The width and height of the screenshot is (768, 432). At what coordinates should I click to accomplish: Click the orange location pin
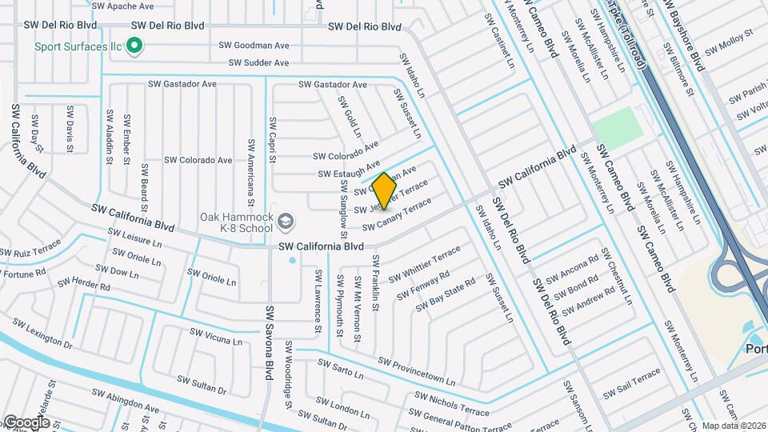point(384,190)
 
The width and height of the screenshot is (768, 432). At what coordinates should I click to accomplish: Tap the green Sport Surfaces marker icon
point(135,46)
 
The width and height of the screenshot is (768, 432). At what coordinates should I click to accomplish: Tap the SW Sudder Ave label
point(258,62)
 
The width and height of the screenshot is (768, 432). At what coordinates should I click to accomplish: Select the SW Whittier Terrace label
point(425,265)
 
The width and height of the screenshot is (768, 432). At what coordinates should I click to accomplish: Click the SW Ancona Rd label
point(567,270)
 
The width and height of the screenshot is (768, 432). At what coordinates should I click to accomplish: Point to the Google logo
point(26,422)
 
